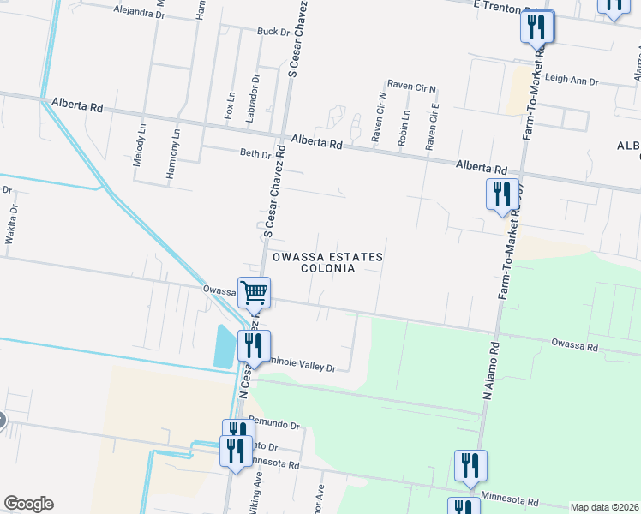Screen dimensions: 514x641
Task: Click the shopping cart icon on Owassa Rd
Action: point(255,292)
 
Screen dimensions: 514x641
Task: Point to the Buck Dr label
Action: point(273,32)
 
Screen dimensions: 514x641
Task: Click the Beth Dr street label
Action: point(254,154)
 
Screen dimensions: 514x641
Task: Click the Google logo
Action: point(28,504)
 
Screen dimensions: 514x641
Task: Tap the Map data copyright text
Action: point(604,507)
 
